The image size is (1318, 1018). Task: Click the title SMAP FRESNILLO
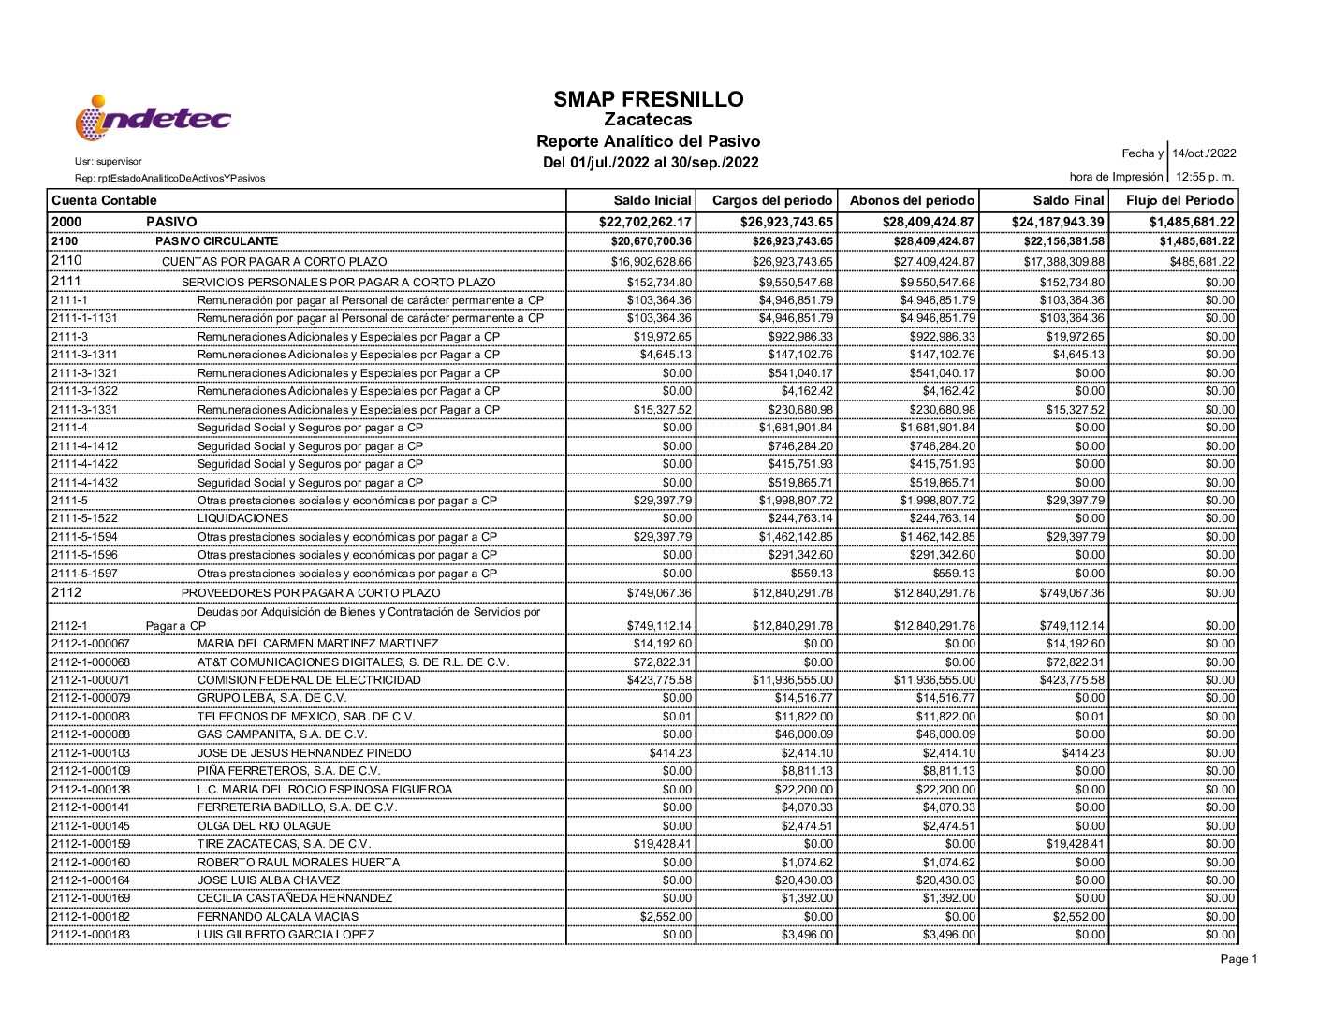648,99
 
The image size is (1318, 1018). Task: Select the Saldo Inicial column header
652,200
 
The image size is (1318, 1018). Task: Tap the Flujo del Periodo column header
1179,200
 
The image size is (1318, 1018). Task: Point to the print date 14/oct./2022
1204,153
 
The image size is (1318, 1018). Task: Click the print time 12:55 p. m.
1205,177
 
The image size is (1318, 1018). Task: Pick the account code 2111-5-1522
84,518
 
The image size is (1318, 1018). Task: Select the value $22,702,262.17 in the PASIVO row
645,222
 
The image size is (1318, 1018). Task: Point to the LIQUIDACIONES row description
242,518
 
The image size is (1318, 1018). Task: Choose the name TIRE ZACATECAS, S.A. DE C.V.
284,844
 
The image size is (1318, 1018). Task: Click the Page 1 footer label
1238,959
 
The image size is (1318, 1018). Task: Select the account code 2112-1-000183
91,935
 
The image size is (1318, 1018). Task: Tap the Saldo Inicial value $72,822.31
662,662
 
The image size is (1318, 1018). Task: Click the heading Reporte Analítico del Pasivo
648,141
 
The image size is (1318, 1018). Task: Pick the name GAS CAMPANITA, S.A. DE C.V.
282,734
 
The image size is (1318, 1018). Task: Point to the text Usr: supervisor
108,162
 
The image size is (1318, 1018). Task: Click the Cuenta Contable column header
104,200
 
